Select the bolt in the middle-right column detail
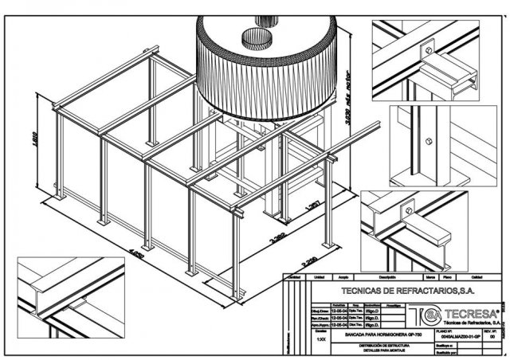[x=430, y=142]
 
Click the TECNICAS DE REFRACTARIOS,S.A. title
[x=395, y=291]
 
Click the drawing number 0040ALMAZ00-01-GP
[x=457, y=337]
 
